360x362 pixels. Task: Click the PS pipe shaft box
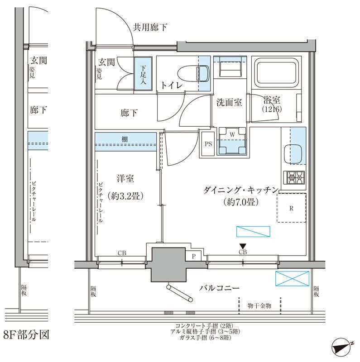pyautogui.click(x=208, y=144)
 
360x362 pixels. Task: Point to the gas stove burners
pyautogui.click(x=294, y=178)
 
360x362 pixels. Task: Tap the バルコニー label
pyautogui.click(x=218, y=288)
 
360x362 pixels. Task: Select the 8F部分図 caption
pyautogui.click(x=26, y=335)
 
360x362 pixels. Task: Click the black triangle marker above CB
pyautogui.click(x=243, y=246)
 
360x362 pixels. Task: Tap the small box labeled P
pyautogui.click(x=193, y=256)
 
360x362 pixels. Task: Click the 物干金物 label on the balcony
pyautogui.click(x=260, y=306)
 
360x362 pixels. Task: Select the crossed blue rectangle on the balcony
pyautogui.click(x=292, y=278)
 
